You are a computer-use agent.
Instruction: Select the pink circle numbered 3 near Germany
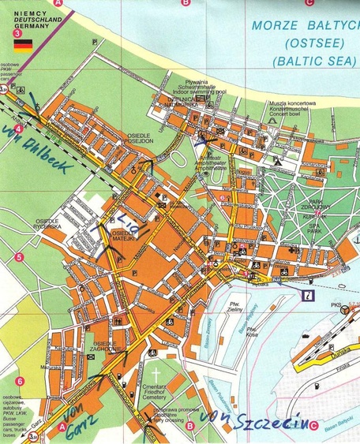pyautogui.click(x=18, y=33)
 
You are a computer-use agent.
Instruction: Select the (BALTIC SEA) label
pyautogui.click(x=305, y=60)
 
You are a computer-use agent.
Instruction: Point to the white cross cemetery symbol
pyautogui.click(x=156, y=374)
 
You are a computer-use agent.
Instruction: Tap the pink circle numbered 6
pyautogui.click(x=19, y=382)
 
